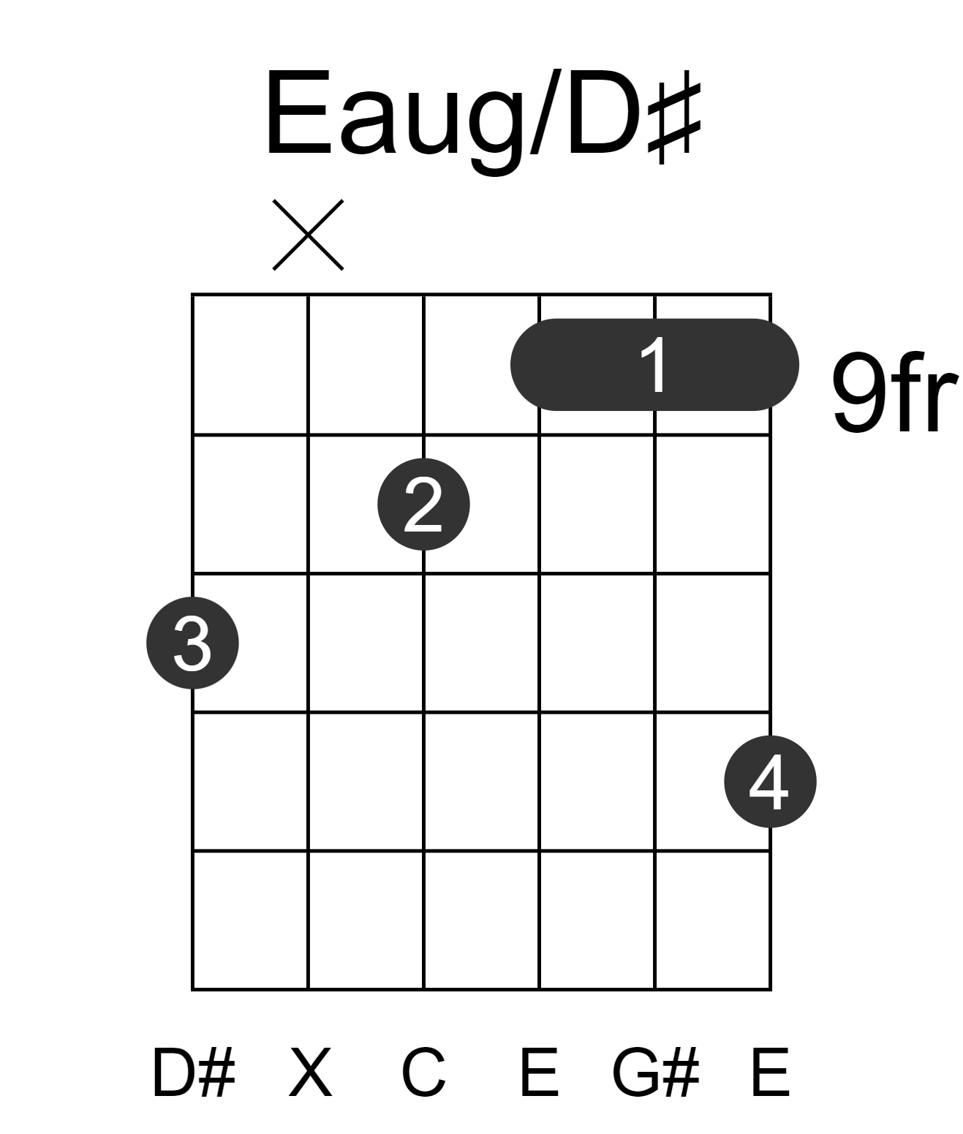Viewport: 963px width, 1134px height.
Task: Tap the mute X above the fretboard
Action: (x=308, y=235)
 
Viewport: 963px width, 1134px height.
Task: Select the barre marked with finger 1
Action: (x=654, y=365)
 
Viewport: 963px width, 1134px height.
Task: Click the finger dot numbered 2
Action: (x=423, y=504)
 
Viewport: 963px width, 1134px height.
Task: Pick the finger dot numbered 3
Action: (x=192, y=643)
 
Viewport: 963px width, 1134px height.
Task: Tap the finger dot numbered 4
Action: (x=771, y=782)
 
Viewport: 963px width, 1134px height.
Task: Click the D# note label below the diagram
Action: (x=194, y=1073)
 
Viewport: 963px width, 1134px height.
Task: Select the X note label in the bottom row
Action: (x=311, y=1073)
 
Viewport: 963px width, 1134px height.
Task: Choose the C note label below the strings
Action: (x=423, y=1073)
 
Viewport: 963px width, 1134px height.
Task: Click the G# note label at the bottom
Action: (x=656, y=1073)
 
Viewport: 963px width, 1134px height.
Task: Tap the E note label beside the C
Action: (x=539, y=1073)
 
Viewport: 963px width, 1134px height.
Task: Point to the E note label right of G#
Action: (x=770, y=1073)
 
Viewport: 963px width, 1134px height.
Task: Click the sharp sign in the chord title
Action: (x=674, y=122)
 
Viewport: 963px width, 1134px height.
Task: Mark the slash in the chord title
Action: (x=545, y=112)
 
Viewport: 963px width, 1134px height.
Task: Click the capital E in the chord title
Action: (x=300, y=113)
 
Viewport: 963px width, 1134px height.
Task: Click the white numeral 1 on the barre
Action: (x=655, y=365)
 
